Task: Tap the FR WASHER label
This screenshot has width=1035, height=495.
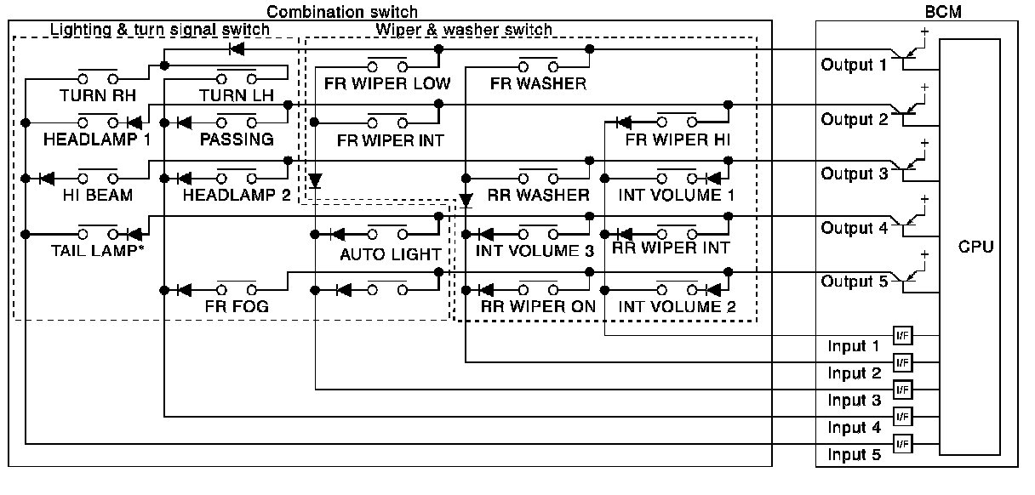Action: (x=538, y=83)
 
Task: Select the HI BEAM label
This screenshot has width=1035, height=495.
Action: (x=97, y=195)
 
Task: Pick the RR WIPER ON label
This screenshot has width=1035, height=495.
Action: (x=538, y=306)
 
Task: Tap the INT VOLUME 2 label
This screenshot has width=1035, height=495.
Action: (x=677, y=306)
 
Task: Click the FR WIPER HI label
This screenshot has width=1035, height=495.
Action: (x=678, y=139)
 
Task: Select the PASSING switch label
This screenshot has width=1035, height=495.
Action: (x=237, y=139)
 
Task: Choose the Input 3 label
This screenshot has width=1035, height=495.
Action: (x=854, y=400)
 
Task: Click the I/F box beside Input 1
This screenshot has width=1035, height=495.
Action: (x=902, y=335)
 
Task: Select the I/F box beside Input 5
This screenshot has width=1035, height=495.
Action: (x=902, y=443)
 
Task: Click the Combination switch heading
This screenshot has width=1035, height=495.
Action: (x=342, y=11)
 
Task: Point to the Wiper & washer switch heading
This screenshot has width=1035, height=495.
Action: (x=464, y=30)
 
